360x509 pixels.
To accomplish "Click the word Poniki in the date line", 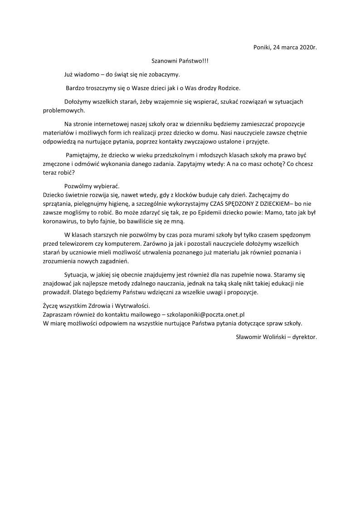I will (262, 47).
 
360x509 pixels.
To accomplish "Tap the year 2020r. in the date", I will (308, 47).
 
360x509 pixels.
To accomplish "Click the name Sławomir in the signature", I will (249, 337).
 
